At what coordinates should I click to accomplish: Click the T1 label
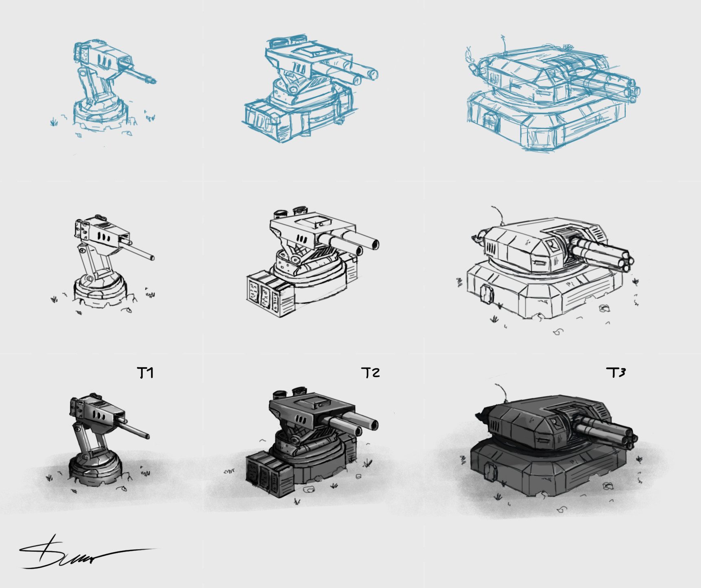point(145,372)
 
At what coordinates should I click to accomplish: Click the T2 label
point(370,372)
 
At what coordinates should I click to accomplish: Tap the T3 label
point(616,372)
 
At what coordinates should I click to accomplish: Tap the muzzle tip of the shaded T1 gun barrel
point(147,436)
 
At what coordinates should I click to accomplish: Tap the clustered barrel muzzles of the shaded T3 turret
point(629,439)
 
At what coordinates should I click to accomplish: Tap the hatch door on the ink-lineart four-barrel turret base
point(487,293)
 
